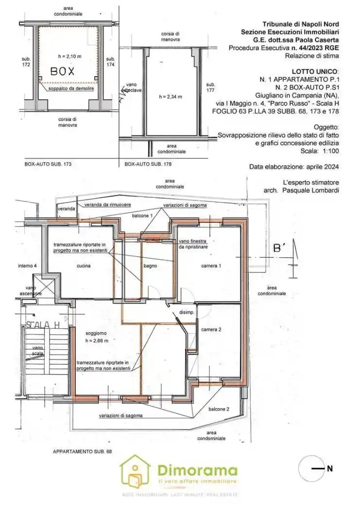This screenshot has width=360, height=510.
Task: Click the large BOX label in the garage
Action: point(63,71)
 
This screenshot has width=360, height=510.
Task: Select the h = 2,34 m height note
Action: point(171,97)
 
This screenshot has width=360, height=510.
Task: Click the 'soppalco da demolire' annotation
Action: point(72,89)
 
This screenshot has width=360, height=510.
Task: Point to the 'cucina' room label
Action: point(84,266)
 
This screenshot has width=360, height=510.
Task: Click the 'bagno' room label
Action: point(149,266)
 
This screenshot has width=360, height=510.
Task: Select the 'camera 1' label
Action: point(211,266)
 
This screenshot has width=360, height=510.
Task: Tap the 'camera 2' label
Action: point(211,329)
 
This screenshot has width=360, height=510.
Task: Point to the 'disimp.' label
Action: point(187,312)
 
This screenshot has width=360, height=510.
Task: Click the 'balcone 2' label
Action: point(219,409)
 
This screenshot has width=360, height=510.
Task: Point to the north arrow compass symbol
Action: point(310,469)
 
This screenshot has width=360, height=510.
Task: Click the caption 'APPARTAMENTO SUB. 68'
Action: point(82,451)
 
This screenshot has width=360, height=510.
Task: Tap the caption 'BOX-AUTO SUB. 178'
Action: point(149,165)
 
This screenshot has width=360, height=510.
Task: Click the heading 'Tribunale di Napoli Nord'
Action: point(300,24)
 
